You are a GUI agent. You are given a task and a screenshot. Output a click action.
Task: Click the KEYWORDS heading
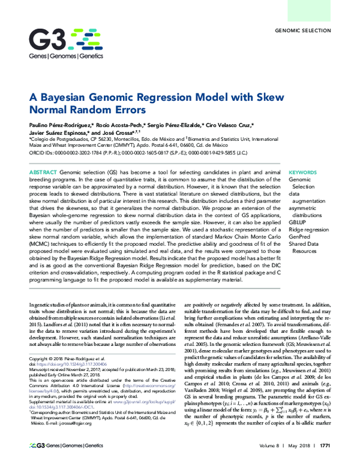(305, 172)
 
